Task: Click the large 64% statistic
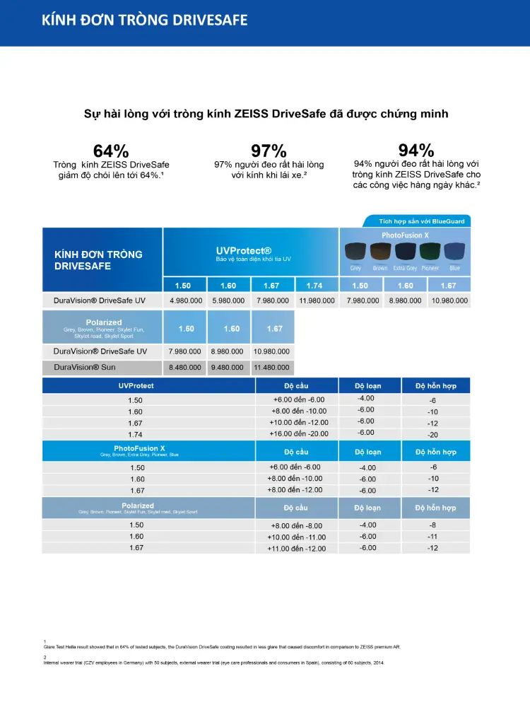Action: (x=111, y=151)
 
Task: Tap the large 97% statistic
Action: (x=269, y=151)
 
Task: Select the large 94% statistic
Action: (x=416, y=150)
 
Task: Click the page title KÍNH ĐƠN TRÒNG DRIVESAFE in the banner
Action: (x=145, y=20)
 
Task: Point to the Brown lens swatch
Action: (x=380, y=252)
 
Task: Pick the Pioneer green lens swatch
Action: (x=430, y=252)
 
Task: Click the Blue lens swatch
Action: (x=454, y=252)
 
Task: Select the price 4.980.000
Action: (x=184, y=300)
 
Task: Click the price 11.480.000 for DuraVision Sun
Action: (x=273, y=368)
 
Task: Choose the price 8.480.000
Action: (x=184, y=368)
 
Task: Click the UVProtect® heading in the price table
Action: (x=243, y=251)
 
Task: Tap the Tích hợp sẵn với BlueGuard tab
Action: (x=422, y=221)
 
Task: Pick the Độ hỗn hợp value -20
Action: (x=433, y=435)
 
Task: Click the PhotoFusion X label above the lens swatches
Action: (x=405, y=235)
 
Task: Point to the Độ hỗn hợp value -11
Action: (x=433, y=537)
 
